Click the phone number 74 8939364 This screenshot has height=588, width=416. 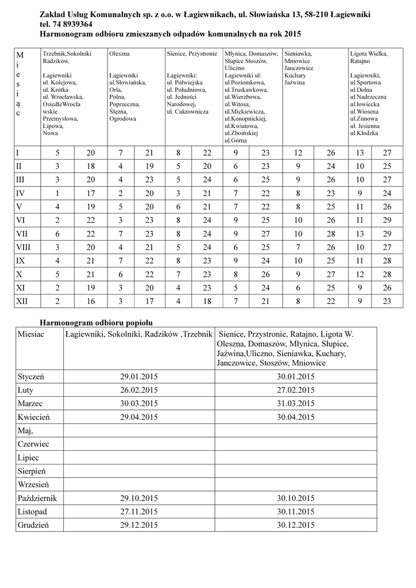[74, 24]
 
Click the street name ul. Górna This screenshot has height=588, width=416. [237, 140]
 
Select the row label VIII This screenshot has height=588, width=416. [24, 247]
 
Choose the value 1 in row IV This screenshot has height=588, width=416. [57, 193]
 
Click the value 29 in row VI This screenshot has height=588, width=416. [387, 220]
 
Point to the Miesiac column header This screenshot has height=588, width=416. [30, 334]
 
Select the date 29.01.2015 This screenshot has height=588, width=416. [138, 377]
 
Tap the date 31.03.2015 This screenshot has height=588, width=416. [295, 404]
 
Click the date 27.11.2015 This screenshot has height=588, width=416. [138, 511]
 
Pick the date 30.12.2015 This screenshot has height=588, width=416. [295, 525]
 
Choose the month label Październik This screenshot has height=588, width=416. [37, 498]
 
